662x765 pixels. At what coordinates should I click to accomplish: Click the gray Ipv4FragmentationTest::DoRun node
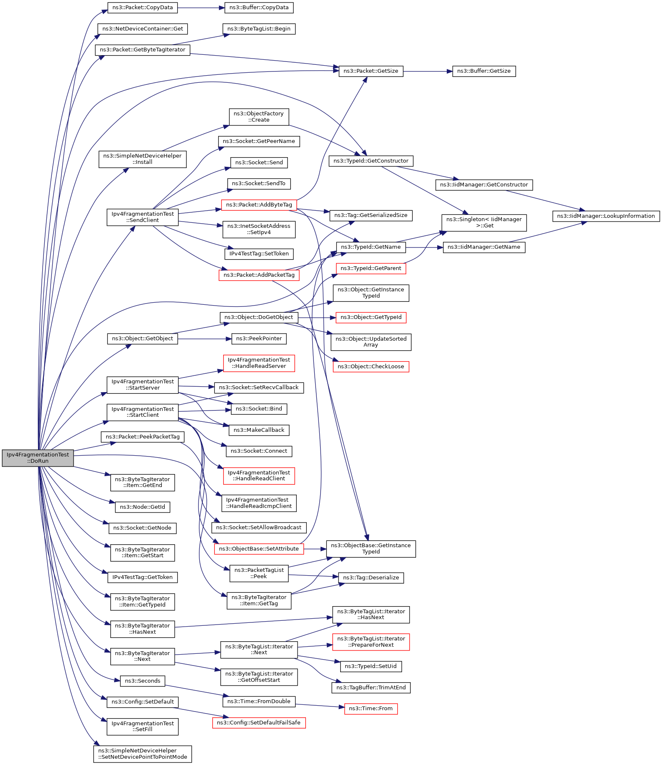(38, 458)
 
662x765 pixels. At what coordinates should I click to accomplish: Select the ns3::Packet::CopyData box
(143, 8)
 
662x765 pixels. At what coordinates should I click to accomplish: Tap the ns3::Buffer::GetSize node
(484, 71)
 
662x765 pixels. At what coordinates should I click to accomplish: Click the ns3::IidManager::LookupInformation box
(606, 216)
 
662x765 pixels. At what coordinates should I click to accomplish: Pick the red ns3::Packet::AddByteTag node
(259, 205)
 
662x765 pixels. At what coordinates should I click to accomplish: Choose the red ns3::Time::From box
(371, 709)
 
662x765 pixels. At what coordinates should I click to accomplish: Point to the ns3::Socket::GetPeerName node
(259, 141)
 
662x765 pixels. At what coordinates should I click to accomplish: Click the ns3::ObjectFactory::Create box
(259, 117)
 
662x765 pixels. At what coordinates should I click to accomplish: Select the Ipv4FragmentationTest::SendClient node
(143, 217)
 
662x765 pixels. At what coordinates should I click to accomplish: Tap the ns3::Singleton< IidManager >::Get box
(484, 222)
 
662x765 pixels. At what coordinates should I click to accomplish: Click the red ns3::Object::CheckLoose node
(371, 367)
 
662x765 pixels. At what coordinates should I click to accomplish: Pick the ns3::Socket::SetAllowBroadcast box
(259, 528)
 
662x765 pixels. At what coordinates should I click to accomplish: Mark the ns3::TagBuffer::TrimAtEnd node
(371, 688)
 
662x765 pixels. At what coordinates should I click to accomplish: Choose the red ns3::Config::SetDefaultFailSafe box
(259, 723)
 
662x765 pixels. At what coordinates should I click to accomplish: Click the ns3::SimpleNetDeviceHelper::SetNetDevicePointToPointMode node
(143, 754)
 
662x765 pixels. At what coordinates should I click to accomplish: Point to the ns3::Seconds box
(143, 681)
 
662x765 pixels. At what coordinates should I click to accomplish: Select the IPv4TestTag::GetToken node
(143, 577)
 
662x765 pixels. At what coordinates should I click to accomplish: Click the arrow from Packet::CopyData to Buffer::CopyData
(201, 8)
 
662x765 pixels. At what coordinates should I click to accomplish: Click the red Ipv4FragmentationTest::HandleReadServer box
(259, 363)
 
